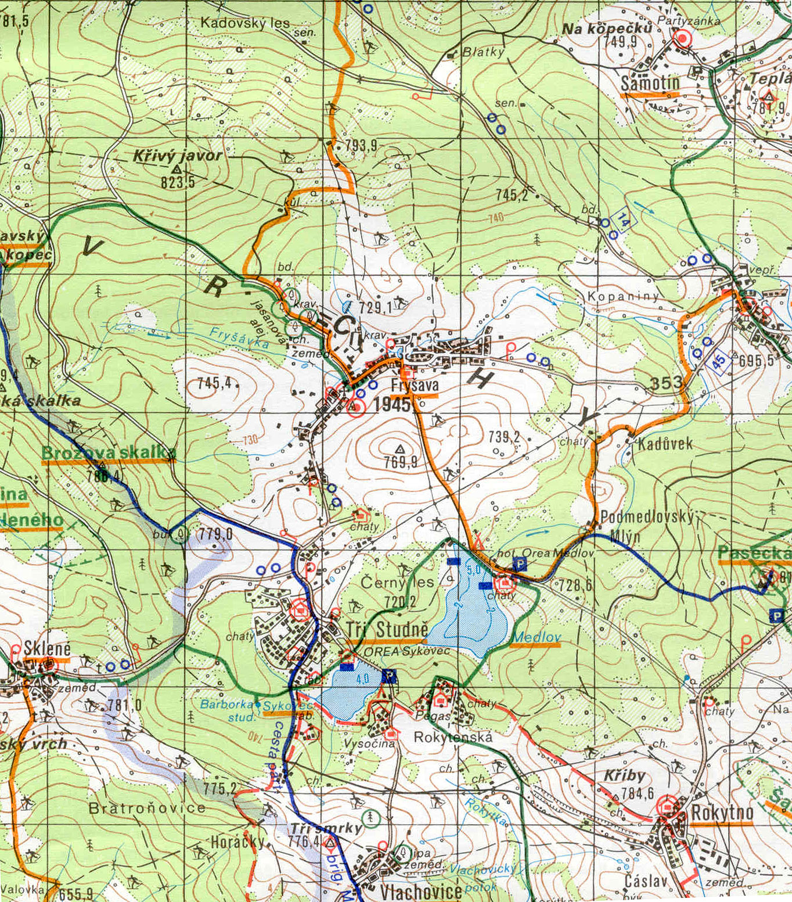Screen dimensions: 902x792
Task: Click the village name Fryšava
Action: (415, 385)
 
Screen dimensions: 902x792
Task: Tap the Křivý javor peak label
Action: (177, 156)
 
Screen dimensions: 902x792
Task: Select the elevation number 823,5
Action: (178, 182)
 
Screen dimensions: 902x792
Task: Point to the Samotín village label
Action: (650, 84)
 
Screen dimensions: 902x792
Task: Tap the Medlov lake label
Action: (535, 637)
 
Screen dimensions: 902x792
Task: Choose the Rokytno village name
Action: (722, 813)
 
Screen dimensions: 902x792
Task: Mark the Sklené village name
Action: (47, 649)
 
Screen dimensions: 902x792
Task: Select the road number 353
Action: (666, 383)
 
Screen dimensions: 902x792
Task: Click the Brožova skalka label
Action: (109, 452)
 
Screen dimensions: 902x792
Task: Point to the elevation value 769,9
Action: (400, 462)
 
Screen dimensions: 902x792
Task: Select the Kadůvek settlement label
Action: (665, 444)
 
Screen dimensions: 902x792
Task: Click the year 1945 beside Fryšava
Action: (392, 404)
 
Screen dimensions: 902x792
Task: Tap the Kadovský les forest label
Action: (245, 23)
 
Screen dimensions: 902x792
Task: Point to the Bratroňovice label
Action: (146, 808)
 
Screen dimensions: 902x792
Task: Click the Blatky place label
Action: (483, 52)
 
